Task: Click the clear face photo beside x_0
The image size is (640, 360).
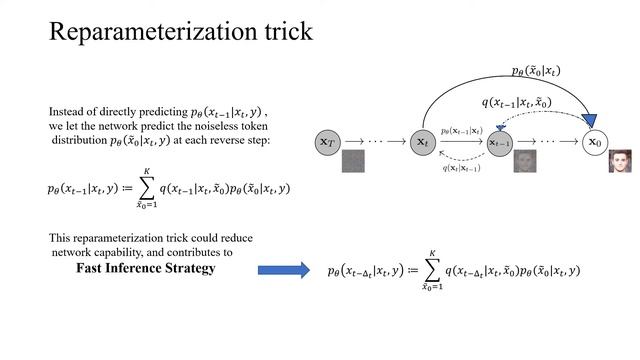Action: tap(622, 160)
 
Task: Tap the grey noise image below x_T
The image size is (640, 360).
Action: tap(352, 163)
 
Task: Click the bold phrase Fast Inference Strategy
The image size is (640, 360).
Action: tap(147, 269)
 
